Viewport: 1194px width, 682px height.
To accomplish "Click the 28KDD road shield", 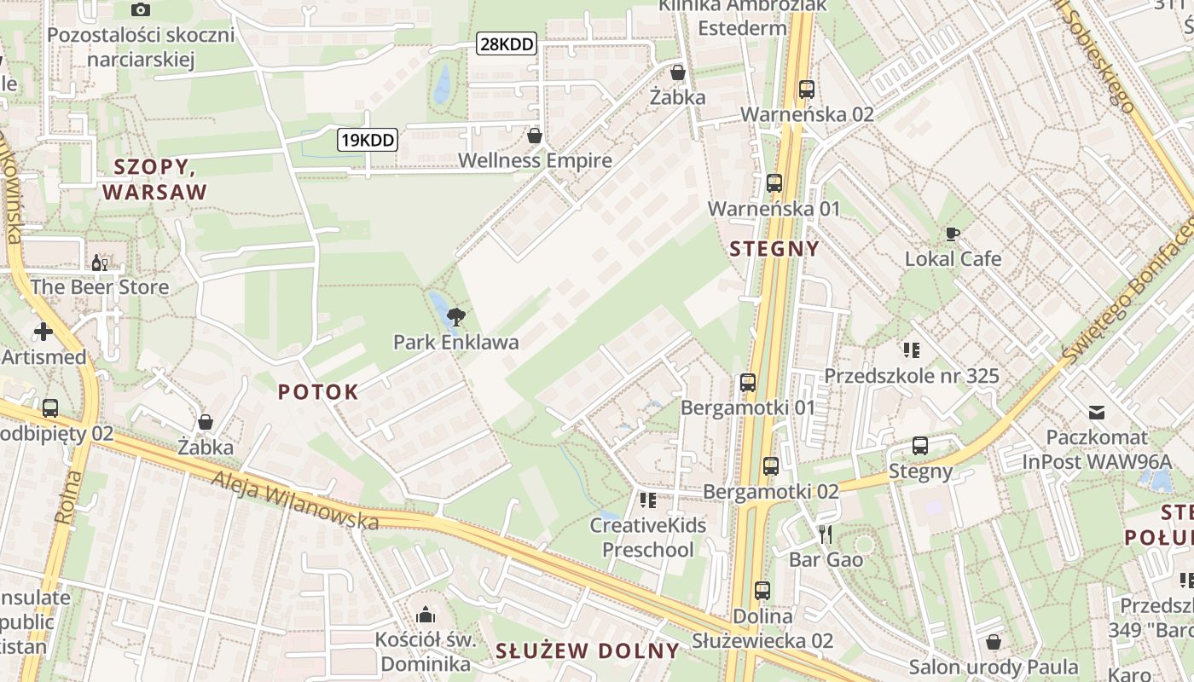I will [x=507, y=44].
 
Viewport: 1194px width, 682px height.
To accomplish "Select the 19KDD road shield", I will [x=368, y=139].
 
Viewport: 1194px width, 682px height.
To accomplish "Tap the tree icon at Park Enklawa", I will [x=456, y=318].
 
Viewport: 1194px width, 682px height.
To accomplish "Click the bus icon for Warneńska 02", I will [x=807, y=89].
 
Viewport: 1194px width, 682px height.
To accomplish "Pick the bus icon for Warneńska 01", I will [x=774, y=182].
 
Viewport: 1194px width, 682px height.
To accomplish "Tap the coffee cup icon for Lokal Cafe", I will [x=953, y=234].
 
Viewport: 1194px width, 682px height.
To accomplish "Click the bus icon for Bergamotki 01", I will [x=748, y=383].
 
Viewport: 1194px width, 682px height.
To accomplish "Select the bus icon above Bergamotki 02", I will [x=771, y=465].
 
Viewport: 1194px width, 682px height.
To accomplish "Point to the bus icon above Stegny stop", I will [x=920, y=445].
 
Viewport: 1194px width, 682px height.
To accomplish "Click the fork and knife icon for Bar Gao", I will [x=825, y=535].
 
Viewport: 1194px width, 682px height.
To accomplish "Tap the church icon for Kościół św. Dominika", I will [x=425, y=615].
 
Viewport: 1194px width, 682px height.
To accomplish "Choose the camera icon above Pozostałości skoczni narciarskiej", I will [x=141, y=9].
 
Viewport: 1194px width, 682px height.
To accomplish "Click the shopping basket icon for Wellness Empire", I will [x=535, y=136].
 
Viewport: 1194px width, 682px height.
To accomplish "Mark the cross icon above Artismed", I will [x=43, y=331].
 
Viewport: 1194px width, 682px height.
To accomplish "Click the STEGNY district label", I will [x=774, y=249].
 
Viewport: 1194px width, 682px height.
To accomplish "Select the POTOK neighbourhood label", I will [x=318, y=392].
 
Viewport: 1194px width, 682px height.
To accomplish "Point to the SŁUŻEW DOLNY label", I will [x=588, y=651].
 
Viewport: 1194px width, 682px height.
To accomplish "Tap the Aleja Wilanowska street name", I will [x=296, y=500].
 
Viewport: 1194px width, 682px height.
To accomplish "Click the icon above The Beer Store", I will [x=100, y=263].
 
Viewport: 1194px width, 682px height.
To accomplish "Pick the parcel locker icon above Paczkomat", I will [x=1097, y=413].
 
